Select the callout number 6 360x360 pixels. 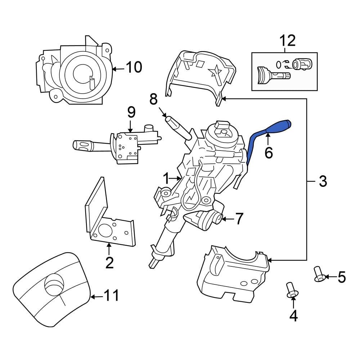pyautogui.click(x=269, y=153)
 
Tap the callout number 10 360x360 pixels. pyautogui.click(x=133, y=67)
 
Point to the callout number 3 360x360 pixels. pyautogui.click(x=323, y=181)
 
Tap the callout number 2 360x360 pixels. pyautogui.click(x=109, y=263)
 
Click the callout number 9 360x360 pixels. pyautogui.click(x=131, y=112)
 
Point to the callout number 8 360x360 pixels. pyautogui.click(x=154, y=99)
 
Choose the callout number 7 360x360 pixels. pyautogui.click(x=239, y=218)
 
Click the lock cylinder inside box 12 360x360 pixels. pyautogui.click(x=302, y=65)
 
